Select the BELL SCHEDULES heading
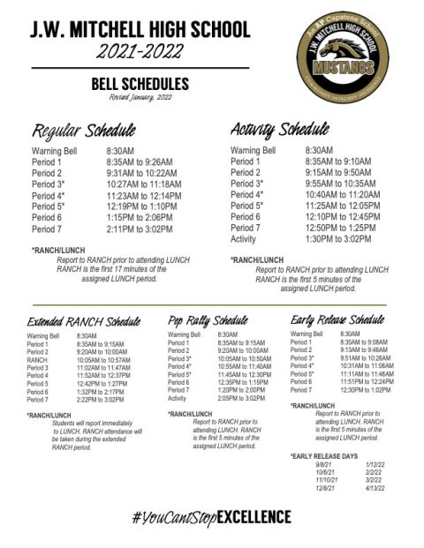[140, 84]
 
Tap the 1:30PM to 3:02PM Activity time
[340, 238]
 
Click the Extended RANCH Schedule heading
[84, 321]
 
